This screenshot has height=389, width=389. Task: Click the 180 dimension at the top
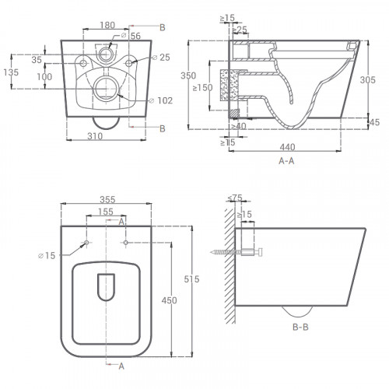click(107, 25)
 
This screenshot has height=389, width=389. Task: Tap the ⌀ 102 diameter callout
click(161, 100)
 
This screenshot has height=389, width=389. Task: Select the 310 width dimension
click(95, 136)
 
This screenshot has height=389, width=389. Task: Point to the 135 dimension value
click(11, 72)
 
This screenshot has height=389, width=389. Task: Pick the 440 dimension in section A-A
click(287, 147)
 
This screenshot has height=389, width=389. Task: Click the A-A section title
click(286, 161)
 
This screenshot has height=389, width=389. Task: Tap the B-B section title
click(300, 327)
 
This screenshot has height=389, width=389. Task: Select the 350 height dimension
click(188, 75)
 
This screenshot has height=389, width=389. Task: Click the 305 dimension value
click(368, 79)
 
